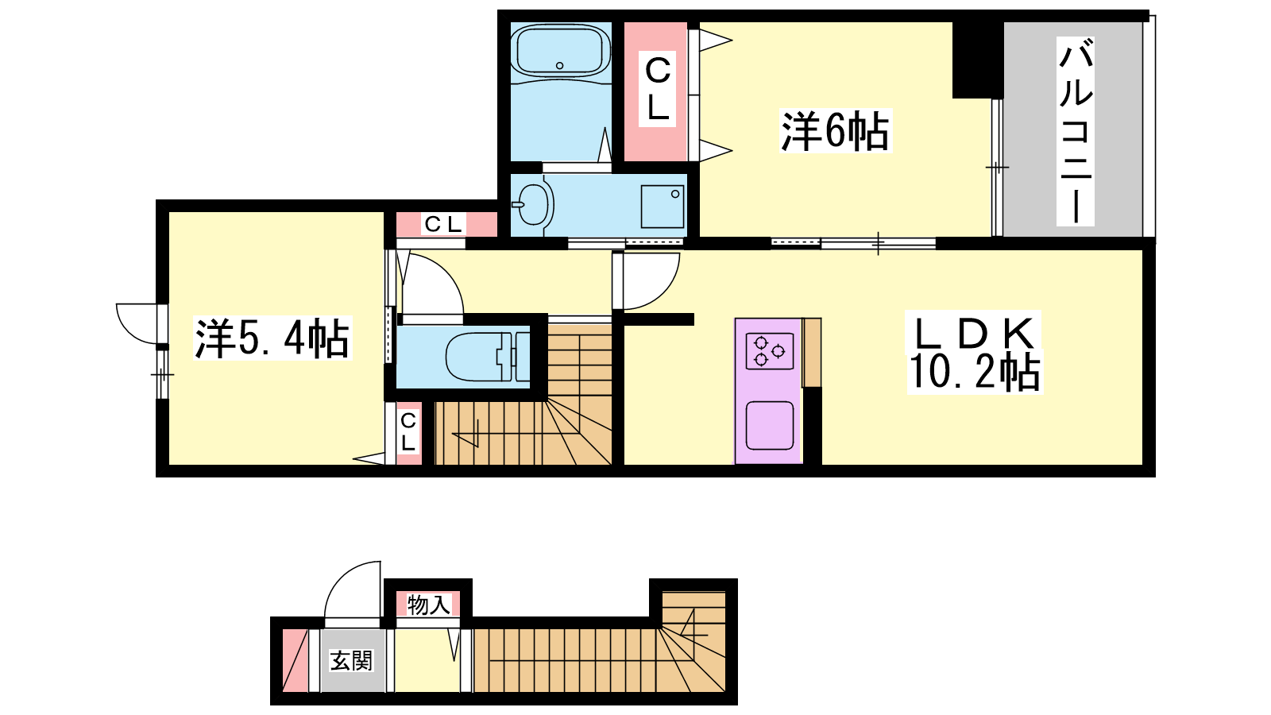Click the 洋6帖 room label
click(835, 131)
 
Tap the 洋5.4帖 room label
click(272, 338)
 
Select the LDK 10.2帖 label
click(975, 353)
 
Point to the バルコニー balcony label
click(1076, 132)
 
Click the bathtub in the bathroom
click(560, 51)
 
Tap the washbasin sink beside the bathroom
click(533, 204)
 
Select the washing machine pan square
click(663, 207)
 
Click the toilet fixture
click(487, 357)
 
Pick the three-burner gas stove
click(770, 351)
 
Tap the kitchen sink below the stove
click(770, 426)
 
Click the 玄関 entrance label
click(351, 660)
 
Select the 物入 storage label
click(429, 605)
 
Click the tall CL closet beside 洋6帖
click(656, 91)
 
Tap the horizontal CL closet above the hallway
click(446, 225)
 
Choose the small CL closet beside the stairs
click(408, 433)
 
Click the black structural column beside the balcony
click(978, 60)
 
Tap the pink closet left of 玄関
click(295, 660)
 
